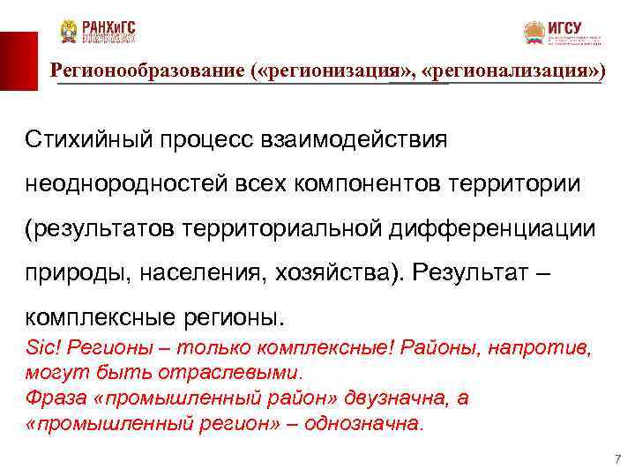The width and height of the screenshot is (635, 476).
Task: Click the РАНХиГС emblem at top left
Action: pyautogui.click(x=69, y=32)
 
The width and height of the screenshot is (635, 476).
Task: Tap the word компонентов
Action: pyautogui.click(x=363, y=183)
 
